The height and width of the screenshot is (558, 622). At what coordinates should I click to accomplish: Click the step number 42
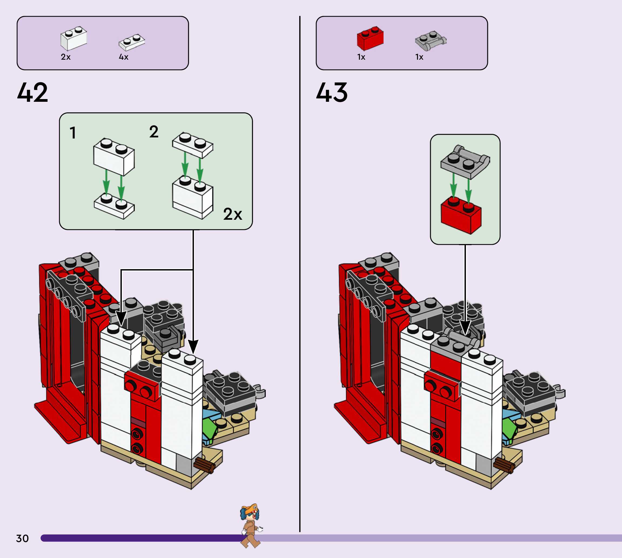tap(32, 93)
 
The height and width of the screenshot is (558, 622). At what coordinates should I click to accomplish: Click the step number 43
tap(332, 93)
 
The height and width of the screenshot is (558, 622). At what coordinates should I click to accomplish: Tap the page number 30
tap(22, 538)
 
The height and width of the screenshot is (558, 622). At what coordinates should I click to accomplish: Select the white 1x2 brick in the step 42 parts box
tap(74, 39)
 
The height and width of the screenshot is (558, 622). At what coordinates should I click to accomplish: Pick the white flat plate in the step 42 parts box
tap(132, 42)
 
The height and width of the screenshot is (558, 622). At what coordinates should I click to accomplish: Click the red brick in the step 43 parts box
tap(370, 38)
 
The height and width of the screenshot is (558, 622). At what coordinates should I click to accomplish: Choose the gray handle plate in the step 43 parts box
tap(431, 40)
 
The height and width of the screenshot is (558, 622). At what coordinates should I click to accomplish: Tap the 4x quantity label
tap(124, 57)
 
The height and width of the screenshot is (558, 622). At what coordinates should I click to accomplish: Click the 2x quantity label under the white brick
tap(66, 57)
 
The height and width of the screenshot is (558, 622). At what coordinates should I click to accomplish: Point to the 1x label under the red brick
tap(361, 57)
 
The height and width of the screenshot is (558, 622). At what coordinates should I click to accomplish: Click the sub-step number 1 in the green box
tap(73, 133)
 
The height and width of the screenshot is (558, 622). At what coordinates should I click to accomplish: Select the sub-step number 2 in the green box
tap(154, 132)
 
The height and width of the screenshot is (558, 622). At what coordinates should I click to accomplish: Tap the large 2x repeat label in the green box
tap(233, 214)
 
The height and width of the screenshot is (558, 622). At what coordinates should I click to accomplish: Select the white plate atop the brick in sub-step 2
tap(193, 145)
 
